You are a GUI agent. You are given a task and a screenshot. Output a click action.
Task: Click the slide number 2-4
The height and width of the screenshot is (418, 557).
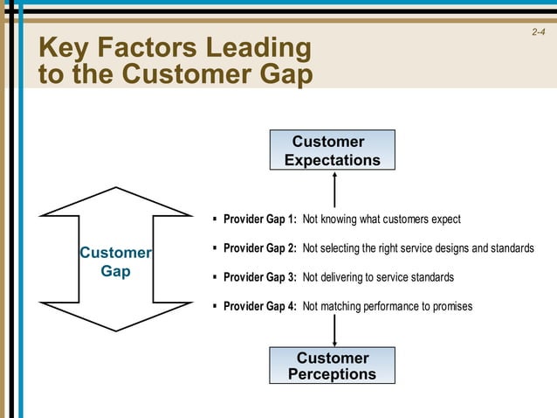click(538, 33)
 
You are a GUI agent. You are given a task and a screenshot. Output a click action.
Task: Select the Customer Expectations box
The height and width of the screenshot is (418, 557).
click(332, 150)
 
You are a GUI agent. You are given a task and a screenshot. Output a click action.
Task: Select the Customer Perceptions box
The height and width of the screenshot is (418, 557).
click(332, 366)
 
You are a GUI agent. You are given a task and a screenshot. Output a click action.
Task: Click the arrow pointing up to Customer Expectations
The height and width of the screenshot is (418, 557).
click(334, 188)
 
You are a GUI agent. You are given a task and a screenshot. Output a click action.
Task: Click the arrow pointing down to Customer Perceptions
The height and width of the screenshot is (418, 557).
click(334, 328)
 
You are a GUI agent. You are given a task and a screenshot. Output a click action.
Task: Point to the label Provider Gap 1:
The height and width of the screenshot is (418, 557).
click(260, 219)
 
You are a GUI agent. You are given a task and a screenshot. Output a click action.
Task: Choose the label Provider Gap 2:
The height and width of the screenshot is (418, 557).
click(260, 248)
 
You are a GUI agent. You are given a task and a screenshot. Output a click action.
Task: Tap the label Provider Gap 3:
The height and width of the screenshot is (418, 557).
click(260, 277)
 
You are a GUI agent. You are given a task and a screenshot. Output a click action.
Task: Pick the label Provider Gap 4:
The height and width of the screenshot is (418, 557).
click(260, 306)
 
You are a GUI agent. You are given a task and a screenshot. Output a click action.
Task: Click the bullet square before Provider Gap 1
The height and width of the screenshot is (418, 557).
click(215, 219)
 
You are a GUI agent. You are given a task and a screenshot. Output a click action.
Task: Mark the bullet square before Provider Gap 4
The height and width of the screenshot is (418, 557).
click(215, 305)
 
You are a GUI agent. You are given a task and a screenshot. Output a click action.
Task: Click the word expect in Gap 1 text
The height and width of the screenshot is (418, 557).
click(444, 219)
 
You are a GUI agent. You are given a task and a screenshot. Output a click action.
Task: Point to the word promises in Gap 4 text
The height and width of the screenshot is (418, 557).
click(450, 306)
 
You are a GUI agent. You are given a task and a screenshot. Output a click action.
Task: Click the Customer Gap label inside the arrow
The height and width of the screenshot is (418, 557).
click(115, 262)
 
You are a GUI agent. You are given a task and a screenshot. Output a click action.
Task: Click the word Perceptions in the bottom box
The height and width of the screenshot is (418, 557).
click(332, 374)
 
